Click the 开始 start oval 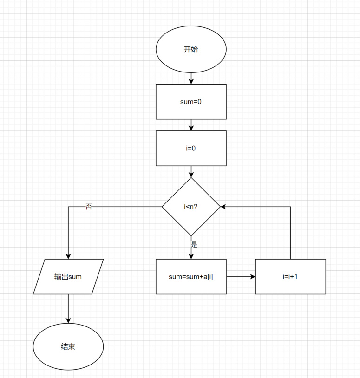191,49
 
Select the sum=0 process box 191,102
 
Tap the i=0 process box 191,148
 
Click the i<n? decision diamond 191,207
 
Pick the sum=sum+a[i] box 191,276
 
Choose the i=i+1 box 291,276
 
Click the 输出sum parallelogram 68,276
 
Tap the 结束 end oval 68,347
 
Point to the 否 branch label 89,207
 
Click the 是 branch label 194,244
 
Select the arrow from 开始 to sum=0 191,78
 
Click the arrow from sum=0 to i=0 191,125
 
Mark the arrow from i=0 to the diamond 191,172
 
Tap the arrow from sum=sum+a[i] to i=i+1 241,276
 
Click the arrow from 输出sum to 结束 68,308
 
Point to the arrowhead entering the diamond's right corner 223,207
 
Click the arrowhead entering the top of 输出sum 68,256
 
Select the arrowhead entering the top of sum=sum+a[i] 191,256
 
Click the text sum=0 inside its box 191,102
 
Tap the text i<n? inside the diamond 191,207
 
